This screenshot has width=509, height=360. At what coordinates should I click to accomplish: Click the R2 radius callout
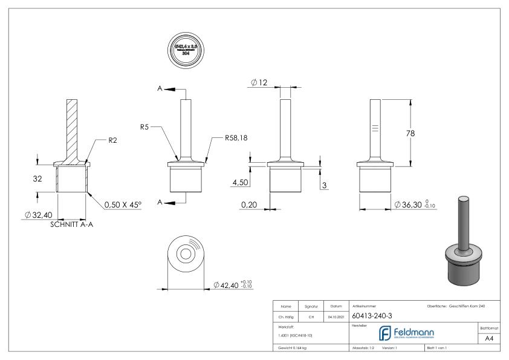click(113, 140)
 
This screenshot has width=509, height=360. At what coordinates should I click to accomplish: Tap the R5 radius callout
click(144, 127)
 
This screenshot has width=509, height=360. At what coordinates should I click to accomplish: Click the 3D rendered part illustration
click(463, 241)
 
